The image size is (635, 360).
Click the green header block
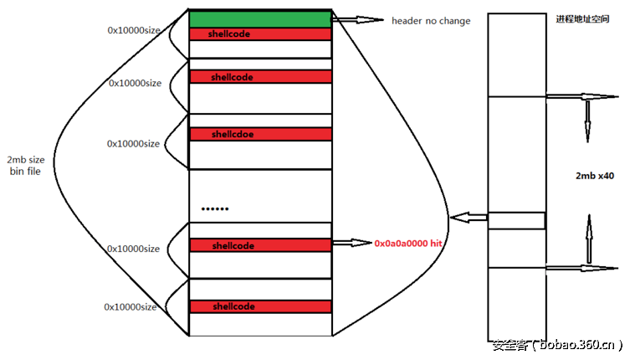[260, 19]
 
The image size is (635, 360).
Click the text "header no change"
[431, 21]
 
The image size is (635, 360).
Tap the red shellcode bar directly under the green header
[260, 34]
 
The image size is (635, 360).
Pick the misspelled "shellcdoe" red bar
[260, 134]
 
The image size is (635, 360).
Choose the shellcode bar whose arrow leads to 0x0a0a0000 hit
[260, 245]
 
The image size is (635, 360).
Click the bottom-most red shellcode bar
[260, 306]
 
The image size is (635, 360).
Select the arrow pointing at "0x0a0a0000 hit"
[351, 243]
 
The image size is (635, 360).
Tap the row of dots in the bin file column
[215, 208]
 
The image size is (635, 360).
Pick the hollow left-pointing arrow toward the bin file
[469, 219]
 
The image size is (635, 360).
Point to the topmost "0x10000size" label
[135, 31]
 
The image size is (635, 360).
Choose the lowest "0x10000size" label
[131, 307]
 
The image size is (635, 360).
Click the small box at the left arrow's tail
[516, 221]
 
